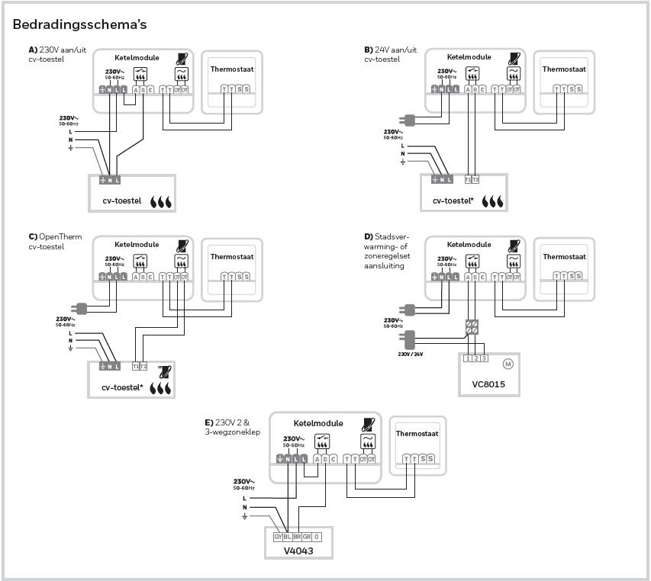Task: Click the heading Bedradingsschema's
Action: pyautogui.click(x=79, y=24)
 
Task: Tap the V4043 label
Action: pyautogui.click(x=298, y=550)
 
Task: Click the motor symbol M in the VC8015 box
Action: pyautogui.click(x=508, y=363)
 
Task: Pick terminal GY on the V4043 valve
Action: pyautogui.click(x=279, y=537)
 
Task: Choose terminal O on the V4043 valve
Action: pyautogui.click(x=317, y=537)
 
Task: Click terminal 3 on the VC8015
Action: pyautogui.click(x=484, y=358)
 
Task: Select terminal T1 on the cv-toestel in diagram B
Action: pyautogui.click(x=467, y=179)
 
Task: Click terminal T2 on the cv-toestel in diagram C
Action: pyautogui.click(x=143, y=366)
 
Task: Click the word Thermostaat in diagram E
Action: pyautogui.click(x=417, y=434)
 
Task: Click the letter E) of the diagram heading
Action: pyautogui.click(x=208, y=422)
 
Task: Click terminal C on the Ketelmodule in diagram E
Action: pyautogui.click(x=333, y=458)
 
